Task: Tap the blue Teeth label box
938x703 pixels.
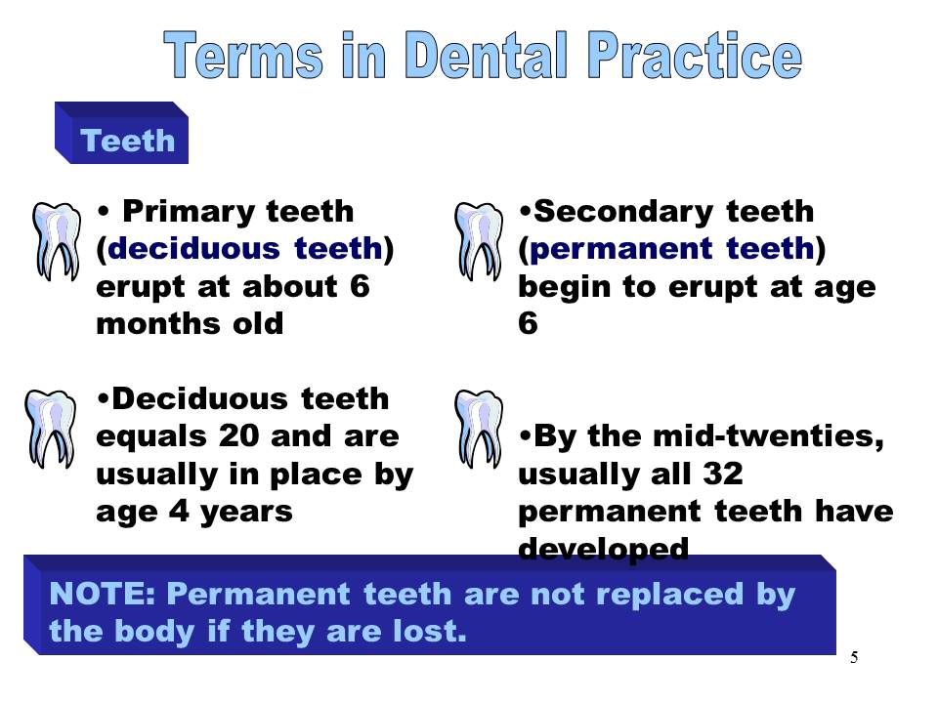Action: (x=128, y=142)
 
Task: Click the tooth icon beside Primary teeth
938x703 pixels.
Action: (x=56, y=240)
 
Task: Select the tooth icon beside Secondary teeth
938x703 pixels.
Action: (x=479, y=240)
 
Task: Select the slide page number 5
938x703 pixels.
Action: (x=854, y=658)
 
